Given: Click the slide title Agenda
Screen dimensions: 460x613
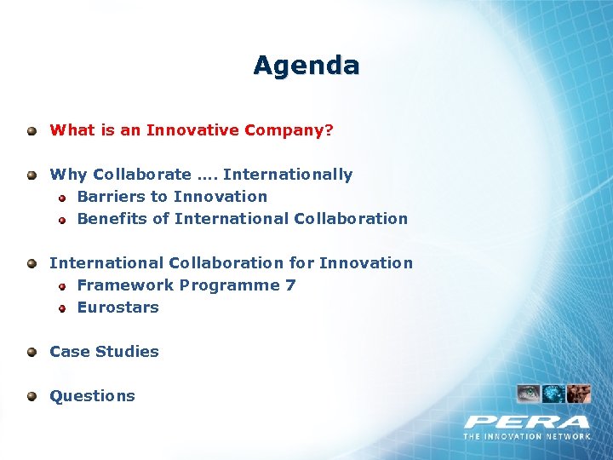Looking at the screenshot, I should pos(306,66).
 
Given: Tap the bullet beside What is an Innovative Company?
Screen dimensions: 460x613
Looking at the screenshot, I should pos(32,131).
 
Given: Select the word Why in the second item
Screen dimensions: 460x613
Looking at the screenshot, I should pos(68,175).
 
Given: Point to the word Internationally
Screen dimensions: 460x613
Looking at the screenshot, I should pos(287,175).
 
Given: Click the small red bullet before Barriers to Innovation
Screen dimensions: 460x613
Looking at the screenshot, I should pos(62,197).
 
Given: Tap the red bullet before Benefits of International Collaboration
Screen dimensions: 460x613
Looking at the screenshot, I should pos(62,220).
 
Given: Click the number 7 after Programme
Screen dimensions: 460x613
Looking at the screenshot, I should pos(290,285).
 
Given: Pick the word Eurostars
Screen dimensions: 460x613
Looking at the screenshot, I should pos(117,308).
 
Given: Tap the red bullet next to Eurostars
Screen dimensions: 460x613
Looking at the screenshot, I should pos(62,308).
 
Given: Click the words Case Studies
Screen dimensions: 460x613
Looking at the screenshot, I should pos(104,352).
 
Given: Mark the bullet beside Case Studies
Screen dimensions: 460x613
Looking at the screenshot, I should pos(32,352).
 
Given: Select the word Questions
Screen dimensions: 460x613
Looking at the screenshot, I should pos(92,396).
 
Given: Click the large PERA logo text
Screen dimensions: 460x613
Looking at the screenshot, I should pos(526,422).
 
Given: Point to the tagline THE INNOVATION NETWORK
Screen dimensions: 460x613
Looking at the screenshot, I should pos(527,436).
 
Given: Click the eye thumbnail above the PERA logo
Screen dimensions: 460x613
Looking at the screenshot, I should pos(529,394).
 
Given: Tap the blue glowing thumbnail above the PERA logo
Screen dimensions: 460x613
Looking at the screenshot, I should pos(554,394).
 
